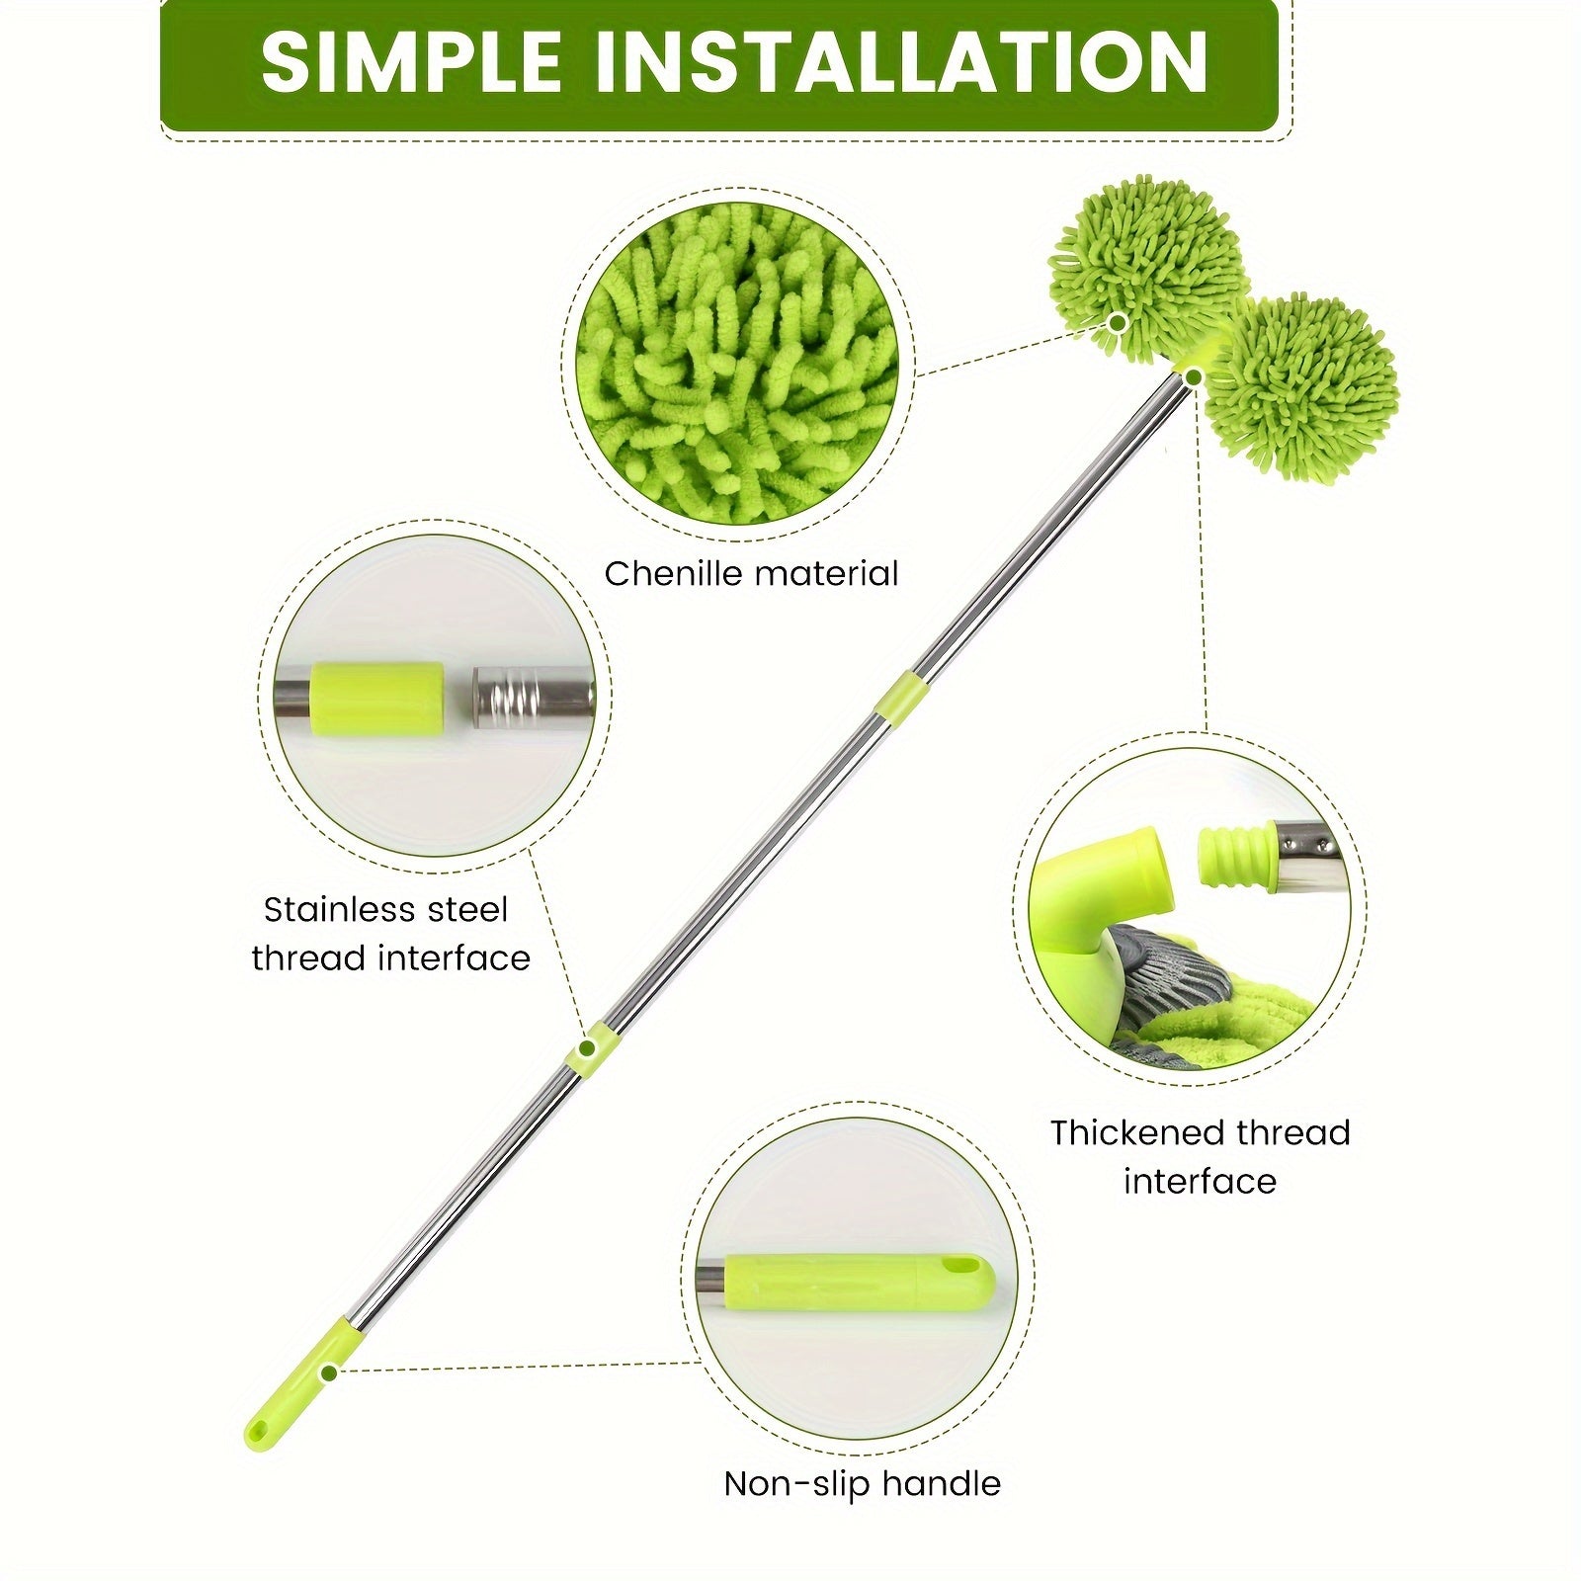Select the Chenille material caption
[x=751, y=573]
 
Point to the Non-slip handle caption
[x=862, y=1483]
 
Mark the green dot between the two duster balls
[x=1118, y=322]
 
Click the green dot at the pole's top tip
[x=1194, y=375]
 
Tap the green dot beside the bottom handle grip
[x=330, y=1373]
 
